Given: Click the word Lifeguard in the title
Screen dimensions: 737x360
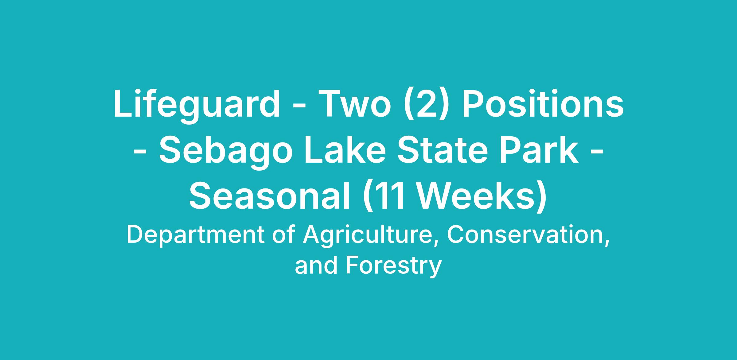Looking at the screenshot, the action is (197, 104).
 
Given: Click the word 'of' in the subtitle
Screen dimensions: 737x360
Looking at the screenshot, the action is (284, 235).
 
